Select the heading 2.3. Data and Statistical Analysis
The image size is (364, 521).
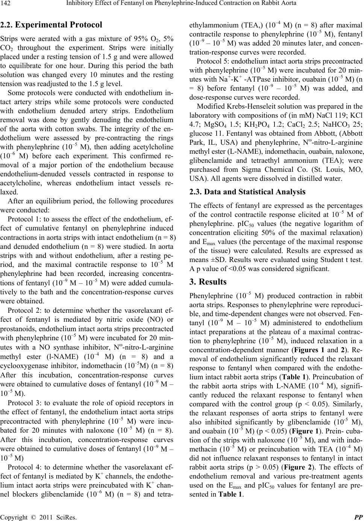[x=248, y=192]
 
